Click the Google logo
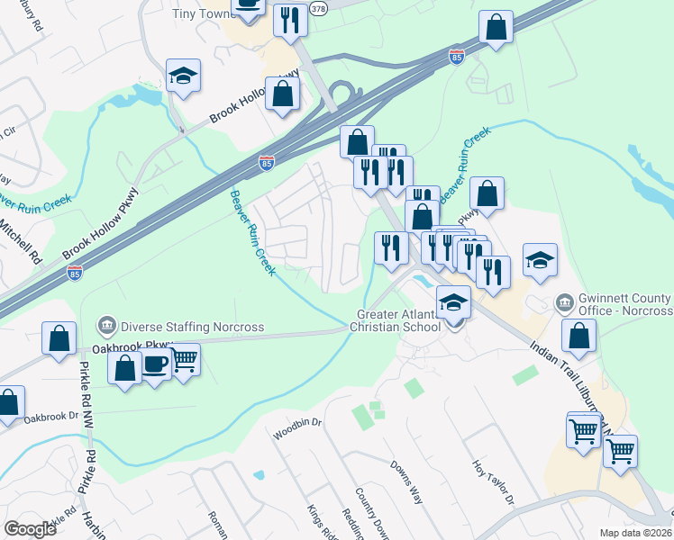click(30, 529)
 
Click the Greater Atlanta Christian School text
click(398, 319)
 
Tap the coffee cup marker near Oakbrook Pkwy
click(156, 364)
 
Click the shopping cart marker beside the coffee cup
click(185, 360)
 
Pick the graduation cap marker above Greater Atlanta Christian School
click(453, 303)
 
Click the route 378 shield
click(318, 7)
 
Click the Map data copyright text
click(635, 533)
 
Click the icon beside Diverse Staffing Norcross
click(106, 324)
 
